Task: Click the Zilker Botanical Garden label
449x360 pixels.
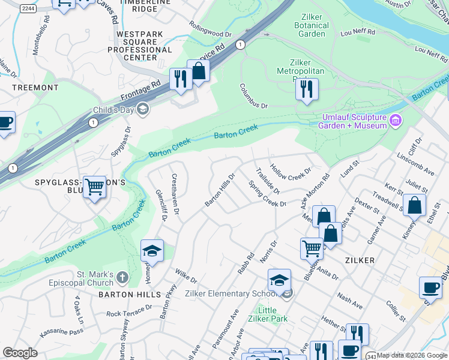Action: (x=312, y=25)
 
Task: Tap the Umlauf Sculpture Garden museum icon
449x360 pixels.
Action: (x=395, y=121)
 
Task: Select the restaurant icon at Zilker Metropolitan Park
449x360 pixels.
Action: (x=307, y=88)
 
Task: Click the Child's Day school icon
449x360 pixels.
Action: (x=142, y=109)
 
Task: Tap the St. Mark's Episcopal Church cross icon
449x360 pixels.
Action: (x=122, y=277)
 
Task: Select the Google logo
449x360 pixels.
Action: (x=20, y=353)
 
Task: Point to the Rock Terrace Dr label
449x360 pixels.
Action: (x=129, y=311)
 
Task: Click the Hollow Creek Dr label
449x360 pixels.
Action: (x=291, y=172)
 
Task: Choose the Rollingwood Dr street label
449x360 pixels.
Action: (x=209, y=30)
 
